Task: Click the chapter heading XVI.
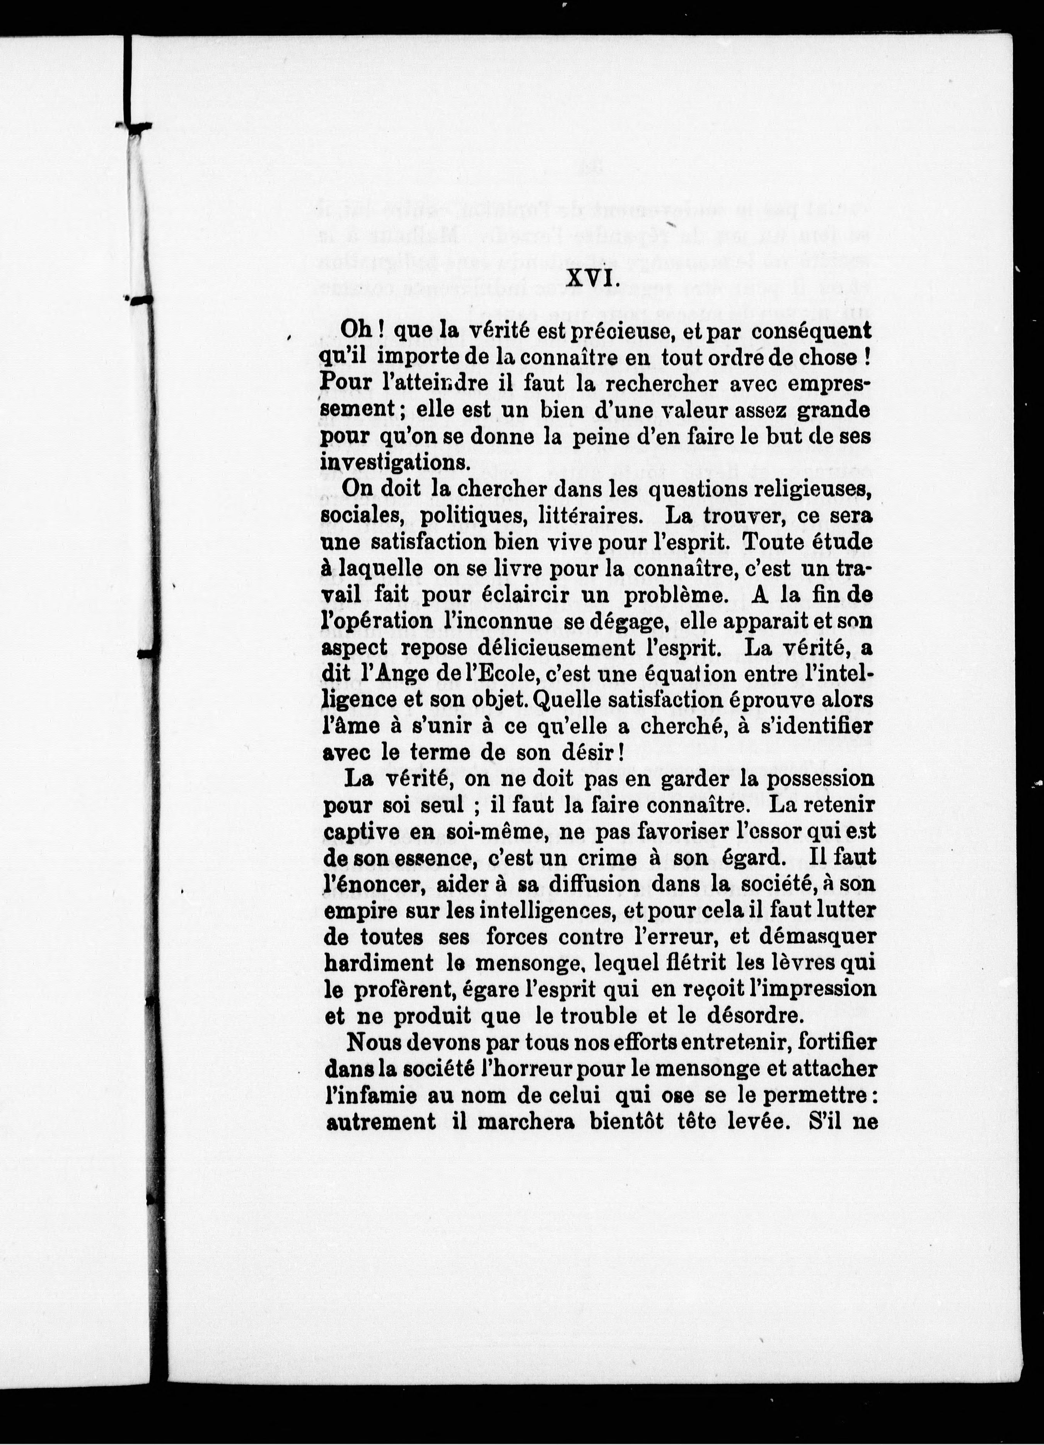589,278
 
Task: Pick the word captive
362,832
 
